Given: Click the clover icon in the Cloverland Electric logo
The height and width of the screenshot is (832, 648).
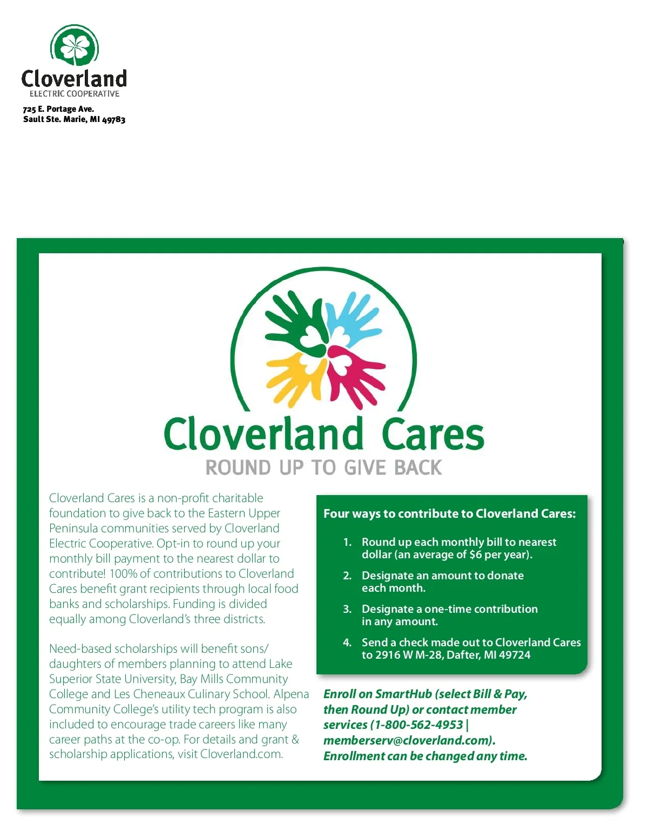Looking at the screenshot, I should tap(75, 46).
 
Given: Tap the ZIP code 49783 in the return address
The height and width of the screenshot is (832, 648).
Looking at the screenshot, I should tap(114, 119).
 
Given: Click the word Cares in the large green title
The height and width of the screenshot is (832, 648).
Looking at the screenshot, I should tap(433, 435).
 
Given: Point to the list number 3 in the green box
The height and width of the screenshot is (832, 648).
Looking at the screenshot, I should tap(347, 609).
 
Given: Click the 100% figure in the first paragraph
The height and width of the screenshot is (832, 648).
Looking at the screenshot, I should tap(124, 573).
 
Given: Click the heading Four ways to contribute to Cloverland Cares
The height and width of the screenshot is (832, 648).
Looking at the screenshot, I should tap(449, 513).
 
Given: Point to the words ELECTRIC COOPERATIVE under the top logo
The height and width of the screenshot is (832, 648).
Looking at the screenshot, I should tap(75, 94).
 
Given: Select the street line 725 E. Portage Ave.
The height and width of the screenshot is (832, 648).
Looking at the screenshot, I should tap(58, 109).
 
